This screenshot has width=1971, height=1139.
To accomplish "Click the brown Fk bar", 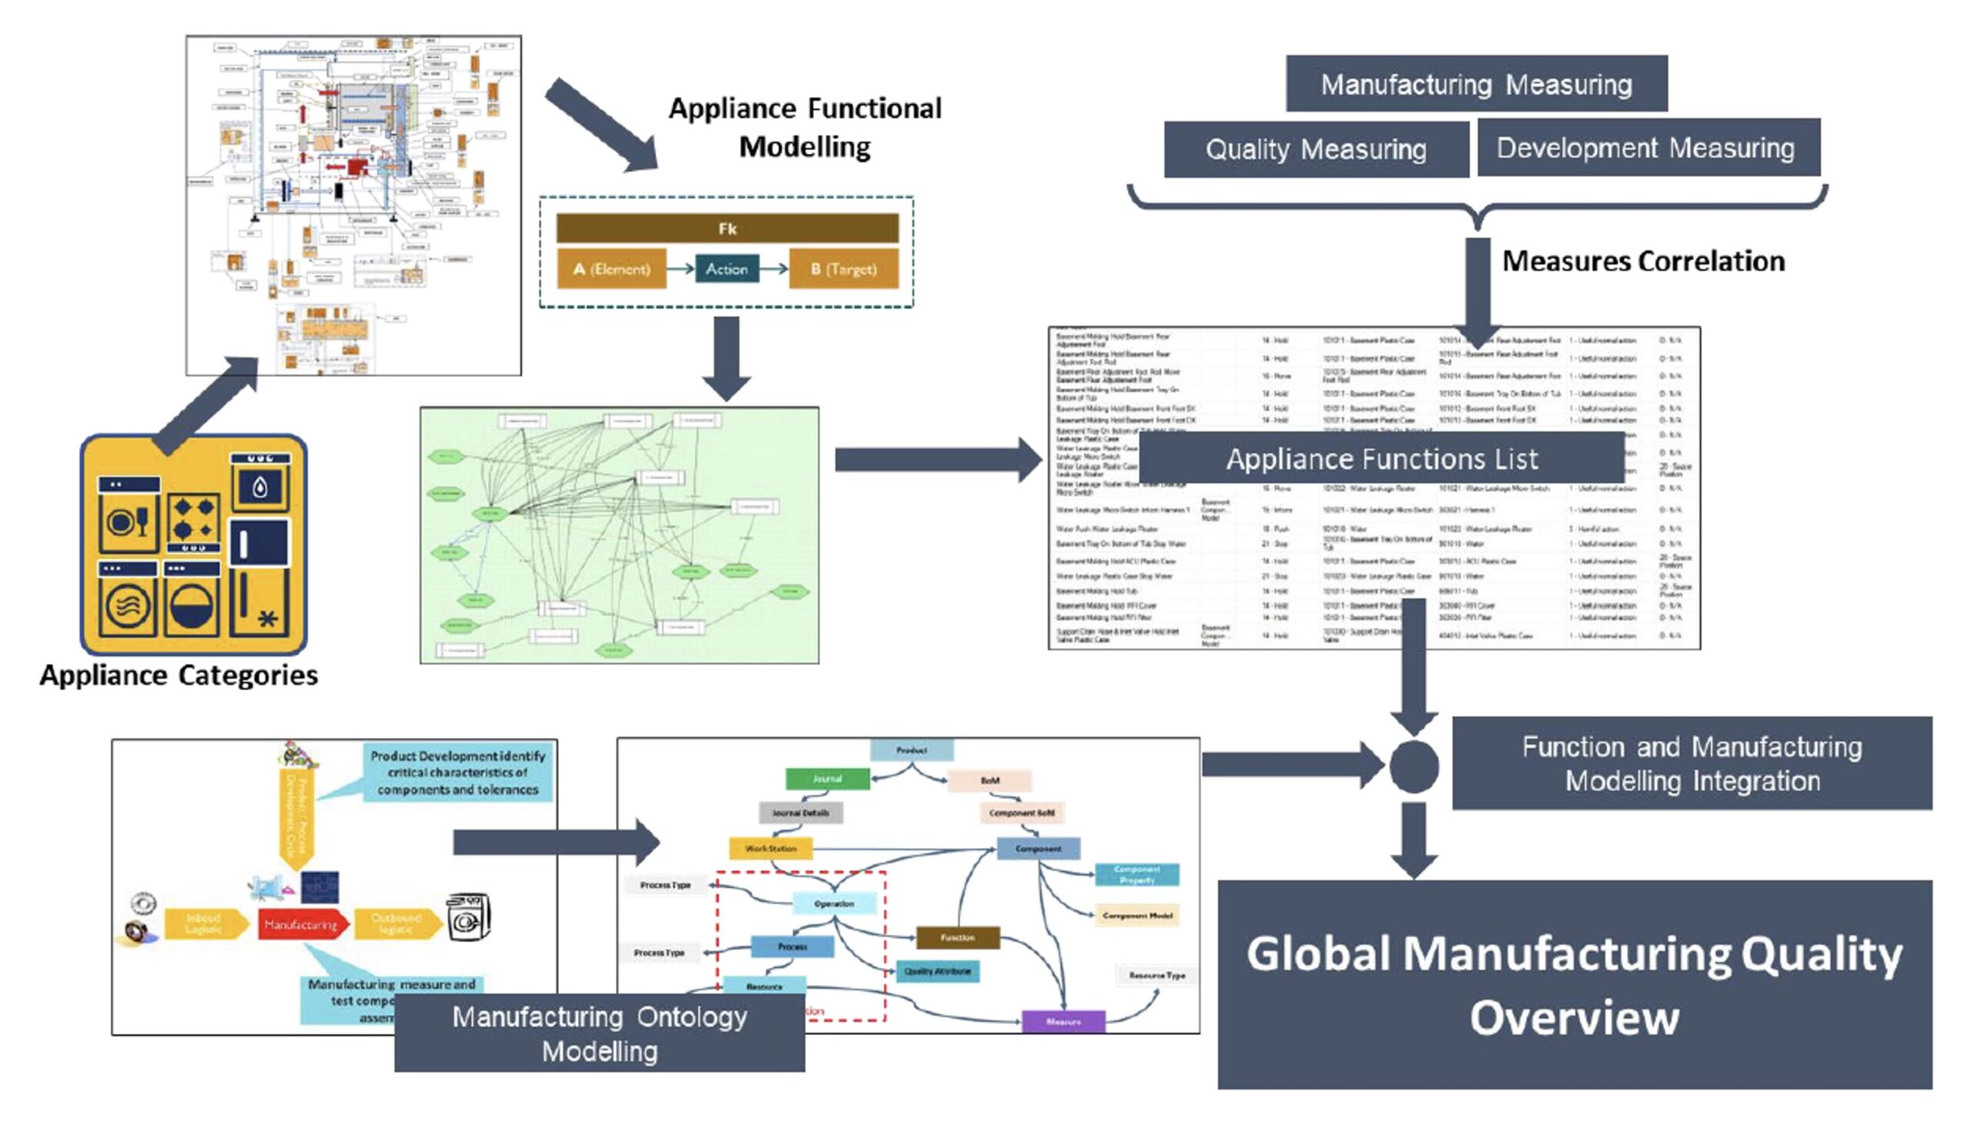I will (727, 229).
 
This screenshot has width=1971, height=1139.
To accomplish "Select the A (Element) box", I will (611, 269).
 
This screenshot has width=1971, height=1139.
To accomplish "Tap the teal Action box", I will (727, 269).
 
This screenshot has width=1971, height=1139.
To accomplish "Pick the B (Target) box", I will (844, 269).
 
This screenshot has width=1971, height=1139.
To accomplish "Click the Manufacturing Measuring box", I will (1476, 84).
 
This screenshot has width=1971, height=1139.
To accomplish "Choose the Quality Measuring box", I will (1316, 149).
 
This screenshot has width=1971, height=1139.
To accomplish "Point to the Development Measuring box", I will (1646, 148).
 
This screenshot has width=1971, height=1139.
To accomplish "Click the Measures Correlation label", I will (1644, 261).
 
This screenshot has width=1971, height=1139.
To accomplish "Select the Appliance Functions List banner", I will (1381, 459).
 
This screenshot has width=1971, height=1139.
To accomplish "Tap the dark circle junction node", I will (1414, 766).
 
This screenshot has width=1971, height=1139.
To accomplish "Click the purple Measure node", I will (1063, 1022).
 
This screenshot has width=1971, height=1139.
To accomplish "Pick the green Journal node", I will (827, 779).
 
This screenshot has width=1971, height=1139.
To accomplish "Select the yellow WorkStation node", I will (771, 849).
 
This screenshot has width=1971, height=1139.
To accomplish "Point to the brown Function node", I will (958, 937).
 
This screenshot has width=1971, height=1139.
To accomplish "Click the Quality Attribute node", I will (938, 972).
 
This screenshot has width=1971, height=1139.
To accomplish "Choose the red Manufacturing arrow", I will (302, 925).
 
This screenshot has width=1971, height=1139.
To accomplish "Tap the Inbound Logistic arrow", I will (205, 924).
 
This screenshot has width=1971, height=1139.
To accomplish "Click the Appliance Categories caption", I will (179, 675).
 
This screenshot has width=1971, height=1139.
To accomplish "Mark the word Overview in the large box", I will (1574, 1018).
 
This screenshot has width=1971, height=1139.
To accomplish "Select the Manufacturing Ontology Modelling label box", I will (600, 1033).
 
